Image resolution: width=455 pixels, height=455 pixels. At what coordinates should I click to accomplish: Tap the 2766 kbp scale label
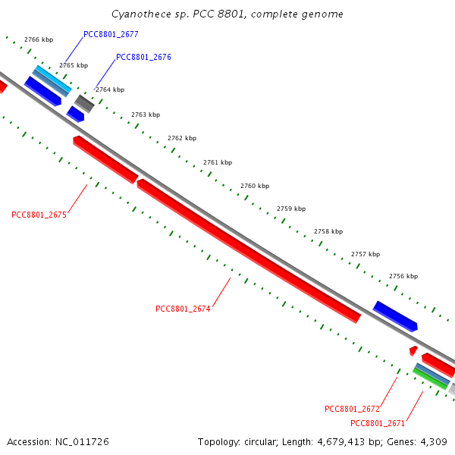[x=39, y=39]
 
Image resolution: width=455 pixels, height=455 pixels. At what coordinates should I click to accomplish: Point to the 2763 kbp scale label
[x=146, y=115]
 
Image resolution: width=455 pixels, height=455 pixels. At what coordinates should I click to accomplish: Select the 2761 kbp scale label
[x=218, y=162]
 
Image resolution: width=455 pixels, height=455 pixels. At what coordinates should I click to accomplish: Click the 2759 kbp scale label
[x=291, y=208]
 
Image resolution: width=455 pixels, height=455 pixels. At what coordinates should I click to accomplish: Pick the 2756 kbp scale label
[x=403, y=276]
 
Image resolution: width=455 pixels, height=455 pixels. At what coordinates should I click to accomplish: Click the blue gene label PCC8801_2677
[x=111, y=34]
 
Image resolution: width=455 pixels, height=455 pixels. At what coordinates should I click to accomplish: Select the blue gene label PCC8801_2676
[x=143, y=57]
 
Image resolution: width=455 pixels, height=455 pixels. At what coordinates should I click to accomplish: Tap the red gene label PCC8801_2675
[x=39, y=215]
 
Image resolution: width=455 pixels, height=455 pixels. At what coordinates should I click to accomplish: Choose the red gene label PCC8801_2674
[x=183, y=309]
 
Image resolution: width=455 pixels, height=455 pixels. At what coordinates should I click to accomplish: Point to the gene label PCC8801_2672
[x=352, y=409]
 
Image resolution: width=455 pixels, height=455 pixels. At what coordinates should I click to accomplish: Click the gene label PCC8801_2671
[x=378, y=423]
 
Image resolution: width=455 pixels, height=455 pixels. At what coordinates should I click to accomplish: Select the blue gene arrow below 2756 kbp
[x=395, y=315]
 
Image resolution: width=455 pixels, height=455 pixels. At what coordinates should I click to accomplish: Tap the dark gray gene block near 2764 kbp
[x=84, y=104]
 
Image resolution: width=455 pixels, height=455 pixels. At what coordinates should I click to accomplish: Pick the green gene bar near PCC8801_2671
[x=429, y=378]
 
